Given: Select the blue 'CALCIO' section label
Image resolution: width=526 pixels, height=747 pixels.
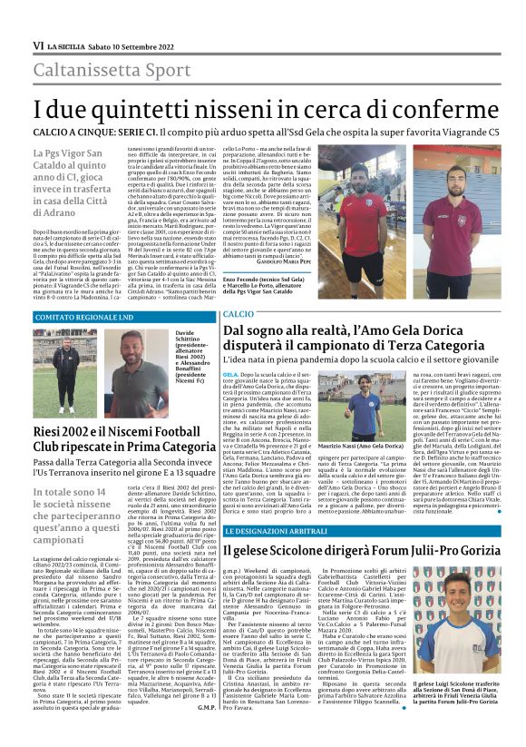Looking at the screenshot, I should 233,313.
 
